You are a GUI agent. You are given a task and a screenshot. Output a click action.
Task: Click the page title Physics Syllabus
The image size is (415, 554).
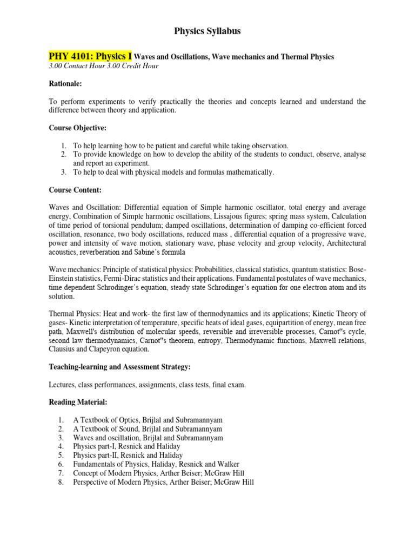[x=207, y=31]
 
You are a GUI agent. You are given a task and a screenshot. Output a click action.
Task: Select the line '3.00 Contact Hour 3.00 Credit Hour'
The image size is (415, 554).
[x=104, y=66]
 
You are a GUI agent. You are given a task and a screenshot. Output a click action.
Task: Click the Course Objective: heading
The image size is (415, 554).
[x=77, y=128]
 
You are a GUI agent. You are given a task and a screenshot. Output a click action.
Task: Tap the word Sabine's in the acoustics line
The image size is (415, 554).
[x=147, y=252]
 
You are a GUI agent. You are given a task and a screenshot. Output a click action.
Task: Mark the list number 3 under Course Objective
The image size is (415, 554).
[x=63, y=172]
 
